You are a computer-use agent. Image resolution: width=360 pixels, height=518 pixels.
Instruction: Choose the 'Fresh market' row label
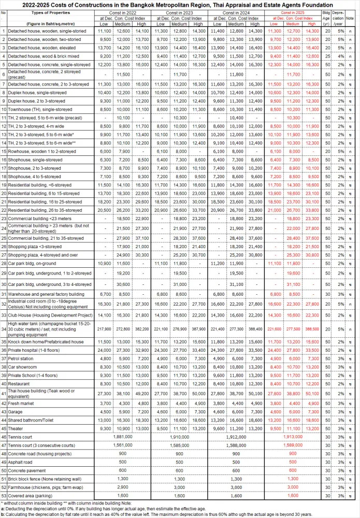point(21,402)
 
